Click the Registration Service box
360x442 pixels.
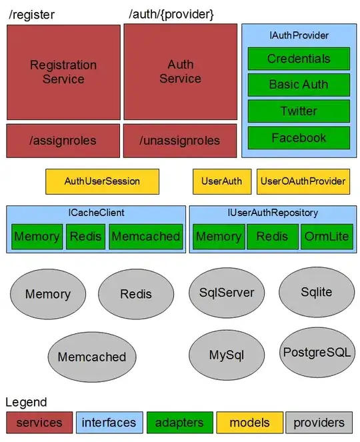tap(63, 72)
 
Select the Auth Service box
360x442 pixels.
tap(180, 72)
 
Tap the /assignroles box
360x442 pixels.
tap(63, 141)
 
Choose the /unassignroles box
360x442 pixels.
tap(180, 141)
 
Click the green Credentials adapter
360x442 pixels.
tap(298, 59)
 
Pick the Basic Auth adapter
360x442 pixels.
tap(298, 85)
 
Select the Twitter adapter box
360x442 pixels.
tap(298, 111)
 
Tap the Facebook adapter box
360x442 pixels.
tap(298, 138)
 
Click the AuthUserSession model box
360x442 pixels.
tap(102, 181)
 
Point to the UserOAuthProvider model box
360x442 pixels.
tap(303, 181)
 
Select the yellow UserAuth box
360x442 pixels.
tap(221, 181)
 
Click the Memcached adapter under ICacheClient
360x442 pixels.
tap(145, 237)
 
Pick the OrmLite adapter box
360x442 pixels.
tap(326, 237)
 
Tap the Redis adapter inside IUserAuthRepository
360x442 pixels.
tap(272, 237)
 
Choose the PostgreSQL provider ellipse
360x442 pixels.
tap(316, 352)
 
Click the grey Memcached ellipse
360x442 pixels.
tap(91, 357)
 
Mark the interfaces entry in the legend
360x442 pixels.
tap(109, 423)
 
